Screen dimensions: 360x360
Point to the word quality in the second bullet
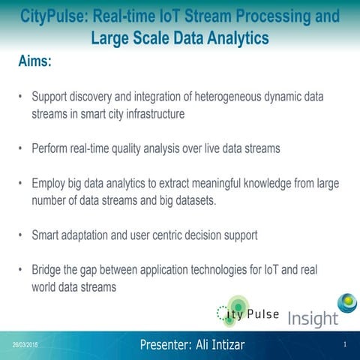pyautogui.click(x=157, y=148)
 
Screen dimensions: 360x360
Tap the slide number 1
pyautogui.click(x=343, y=345)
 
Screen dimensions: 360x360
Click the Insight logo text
pyautogui.click(x=313, y=318)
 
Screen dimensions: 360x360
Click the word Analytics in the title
pyautogui.click(x=232, y=36)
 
